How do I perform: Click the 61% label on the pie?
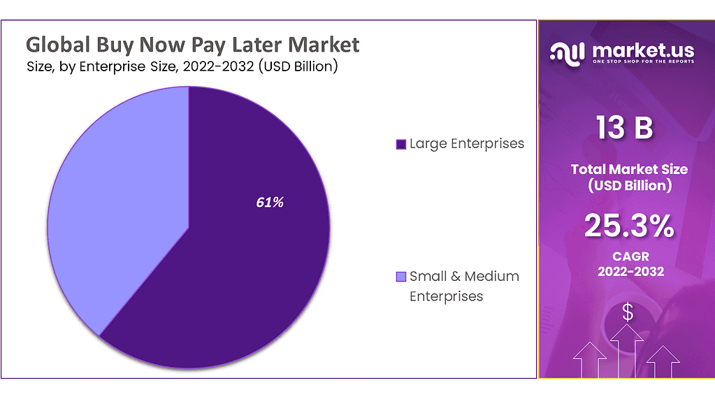click(x=269, y=203)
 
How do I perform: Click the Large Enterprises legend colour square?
click(x=400, y=145)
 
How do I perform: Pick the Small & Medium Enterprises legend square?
click(x=400, y=277)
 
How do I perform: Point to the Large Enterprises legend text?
click(x=466, y=144)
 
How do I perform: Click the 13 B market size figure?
click(x=625, y=128)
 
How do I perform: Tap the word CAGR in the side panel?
click(x=629, y=256)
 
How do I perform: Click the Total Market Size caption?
click(x=629, y=169)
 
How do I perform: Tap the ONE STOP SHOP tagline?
click(x=643, y=62)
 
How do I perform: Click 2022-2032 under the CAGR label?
click(x=629, y=271)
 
